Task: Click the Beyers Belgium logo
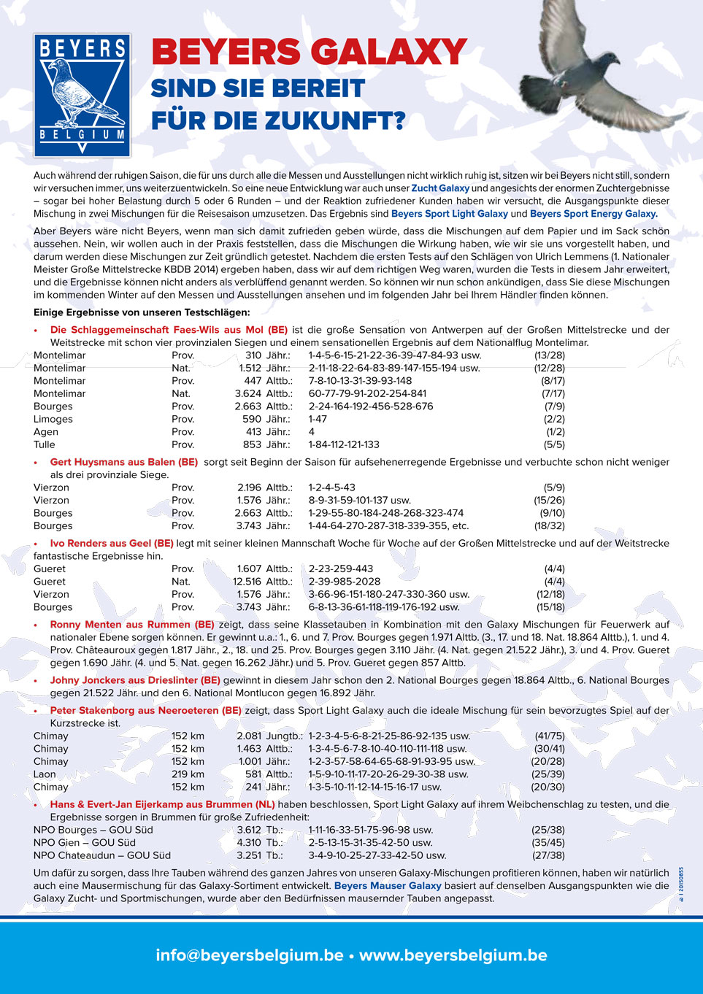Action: [x=82, y=95]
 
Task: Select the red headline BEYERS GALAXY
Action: [x=309, y=53]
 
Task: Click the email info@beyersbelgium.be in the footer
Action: [x=250, y=955]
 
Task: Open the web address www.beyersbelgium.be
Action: [x=453, y=955]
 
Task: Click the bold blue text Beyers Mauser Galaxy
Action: [x=388, y=885]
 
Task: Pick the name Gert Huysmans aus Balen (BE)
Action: [x=123, y=462]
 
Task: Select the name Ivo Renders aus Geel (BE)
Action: [x=112, y=543]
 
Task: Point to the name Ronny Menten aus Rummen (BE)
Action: [x=132, y=624]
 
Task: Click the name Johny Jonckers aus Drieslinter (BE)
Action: [x=135, y=680]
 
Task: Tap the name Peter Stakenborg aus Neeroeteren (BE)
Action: [x=145, y=710]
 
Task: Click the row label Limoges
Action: [x=53, y=419]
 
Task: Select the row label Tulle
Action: [x=45, y=444]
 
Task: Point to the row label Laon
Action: [x=45, y=774]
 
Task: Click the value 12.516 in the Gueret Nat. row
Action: [x=247, y=582]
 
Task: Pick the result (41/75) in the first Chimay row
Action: [x=550, y=736]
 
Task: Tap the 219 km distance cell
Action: [x=188, y=774]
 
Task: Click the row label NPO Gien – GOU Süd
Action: [x=85, y=843]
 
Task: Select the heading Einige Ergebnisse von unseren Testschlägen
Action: [x=142, y=312]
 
